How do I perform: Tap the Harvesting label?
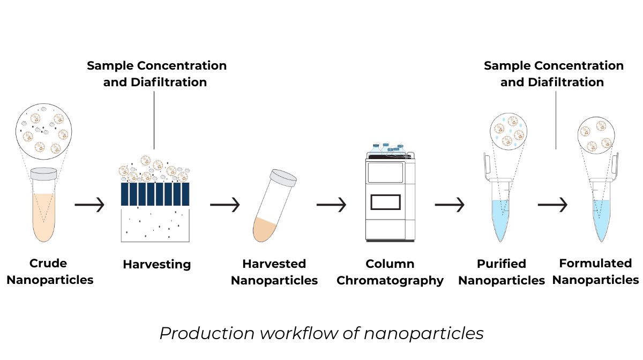click(x=156, y=264)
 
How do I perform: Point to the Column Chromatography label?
click(x=390, y=272)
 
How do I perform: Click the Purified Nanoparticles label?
click(x=501, y=272)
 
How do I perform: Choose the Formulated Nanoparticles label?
click(x=595, y=272)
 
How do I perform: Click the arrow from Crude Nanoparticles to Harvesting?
click(x=89, y=205)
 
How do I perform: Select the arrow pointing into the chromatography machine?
click(x=331, y=205)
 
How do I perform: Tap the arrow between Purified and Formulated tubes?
click(x=552, y=205)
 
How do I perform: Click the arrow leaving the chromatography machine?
click(x=449, y=205)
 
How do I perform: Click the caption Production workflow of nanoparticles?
click(x=322, y=333)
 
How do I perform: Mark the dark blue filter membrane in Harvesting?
click(x=155, y=193)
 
